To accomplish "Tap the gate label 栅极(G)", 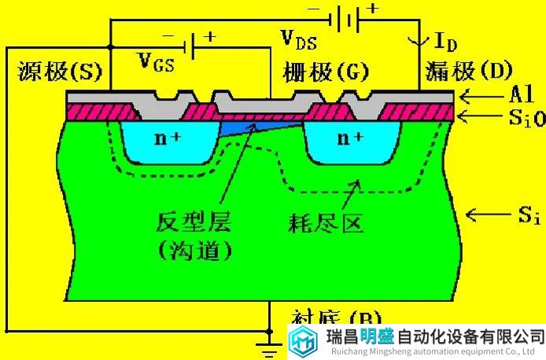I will coord(324,72).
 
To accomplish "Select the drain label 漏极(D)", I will coord(467,72).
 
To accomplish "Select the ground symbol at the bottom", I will coord(269,344).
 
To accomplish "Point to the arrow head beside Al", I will coord(467,97).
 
